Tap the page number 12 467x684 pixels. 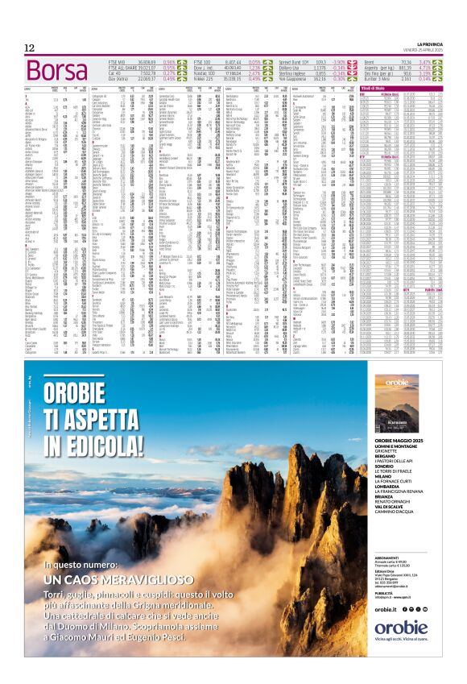click(x=29, y=48)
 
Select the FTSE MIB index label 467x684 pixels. click(x=118, y=61)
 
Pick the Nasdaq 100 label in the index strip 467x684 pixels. click(x=211, y=73)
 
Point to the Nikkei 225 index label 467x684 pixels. click(x=209, y=79)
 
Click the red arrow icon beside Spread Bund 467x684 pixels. click(x=352, y=61)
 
